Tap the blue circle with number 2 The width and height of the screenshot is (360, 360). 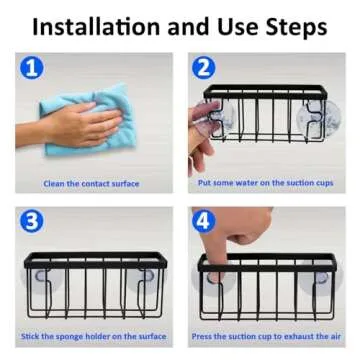coord(204,68)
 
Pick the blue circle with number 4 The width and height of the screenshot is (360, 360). coord(204,221)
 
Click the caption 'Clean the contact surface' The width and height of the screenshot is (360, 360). coord(91,184)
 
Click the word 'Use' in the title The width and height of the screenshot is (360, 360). coord(218,27)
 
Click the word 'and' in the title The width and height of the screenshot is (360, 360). coord(170,27)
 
